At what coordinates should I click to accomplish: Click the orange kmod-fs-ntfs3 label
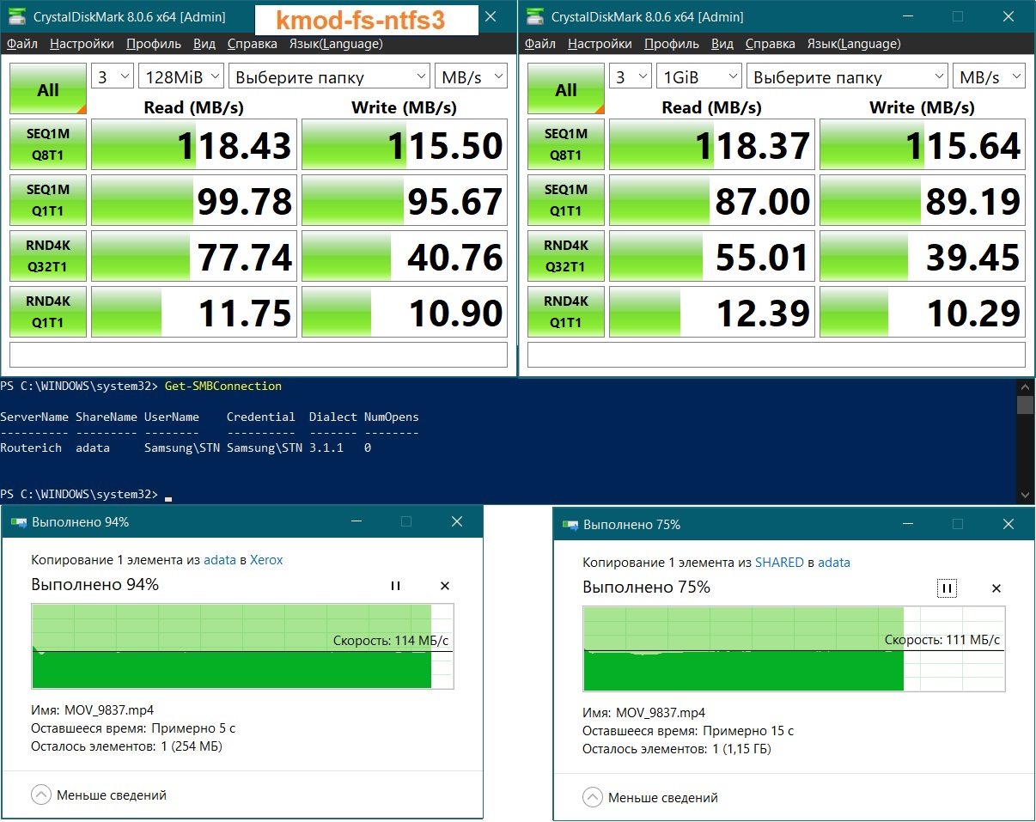pyautogui.click(x=360, y=21)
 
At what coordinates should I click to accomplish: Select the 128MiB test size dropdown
pyautogui.click(x=181, y=76)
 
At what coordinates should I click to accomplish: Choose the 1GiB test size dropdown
pyautogui.click(x=698, y=76)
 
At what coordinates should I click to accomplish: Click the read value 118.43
pyautogui.click(x=234, y=145)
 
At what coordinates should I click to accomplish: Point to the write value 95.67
pyautogui.click(x=455, y=201)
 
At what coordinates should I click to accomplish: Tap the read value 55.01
pyautogui.click(x=762, y=257)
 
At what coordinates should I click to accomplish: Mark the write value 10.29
pyautogui.click(x=973, y=313)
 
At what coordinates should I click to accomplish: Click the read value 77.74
pyautogui.click(x=245, y=257)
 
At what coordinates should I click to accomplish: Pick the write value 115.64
pyautogui.click(x=963, y=145)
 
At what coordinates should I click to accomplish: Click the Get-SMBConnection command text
pyautogui.click(x=222, y=387)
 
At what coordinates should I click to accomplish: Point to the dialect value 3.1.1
pyautogui.click(x=326, y=448)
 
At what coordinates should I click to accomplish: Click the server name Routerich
pyautogui.click(x=31, y=448)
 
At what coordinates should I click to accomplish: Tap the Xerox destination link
pyautogui.click(x=266, y=560)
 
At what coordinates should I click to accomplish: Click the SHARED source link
pyautogui.click(x=779, y=563)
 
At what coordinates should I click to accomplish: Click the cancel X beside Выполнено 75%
pyautogui.click(x=996, y=588)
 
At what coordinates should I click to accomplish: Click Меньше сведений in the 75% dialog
pyautogui.click(x=663, y=798)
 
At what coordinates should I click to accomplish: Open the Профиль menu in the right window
pyautogui.click(x=672, y=44)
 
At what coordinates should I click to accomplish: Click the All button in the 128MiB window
pyautogui.click(x=47, y=89)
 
